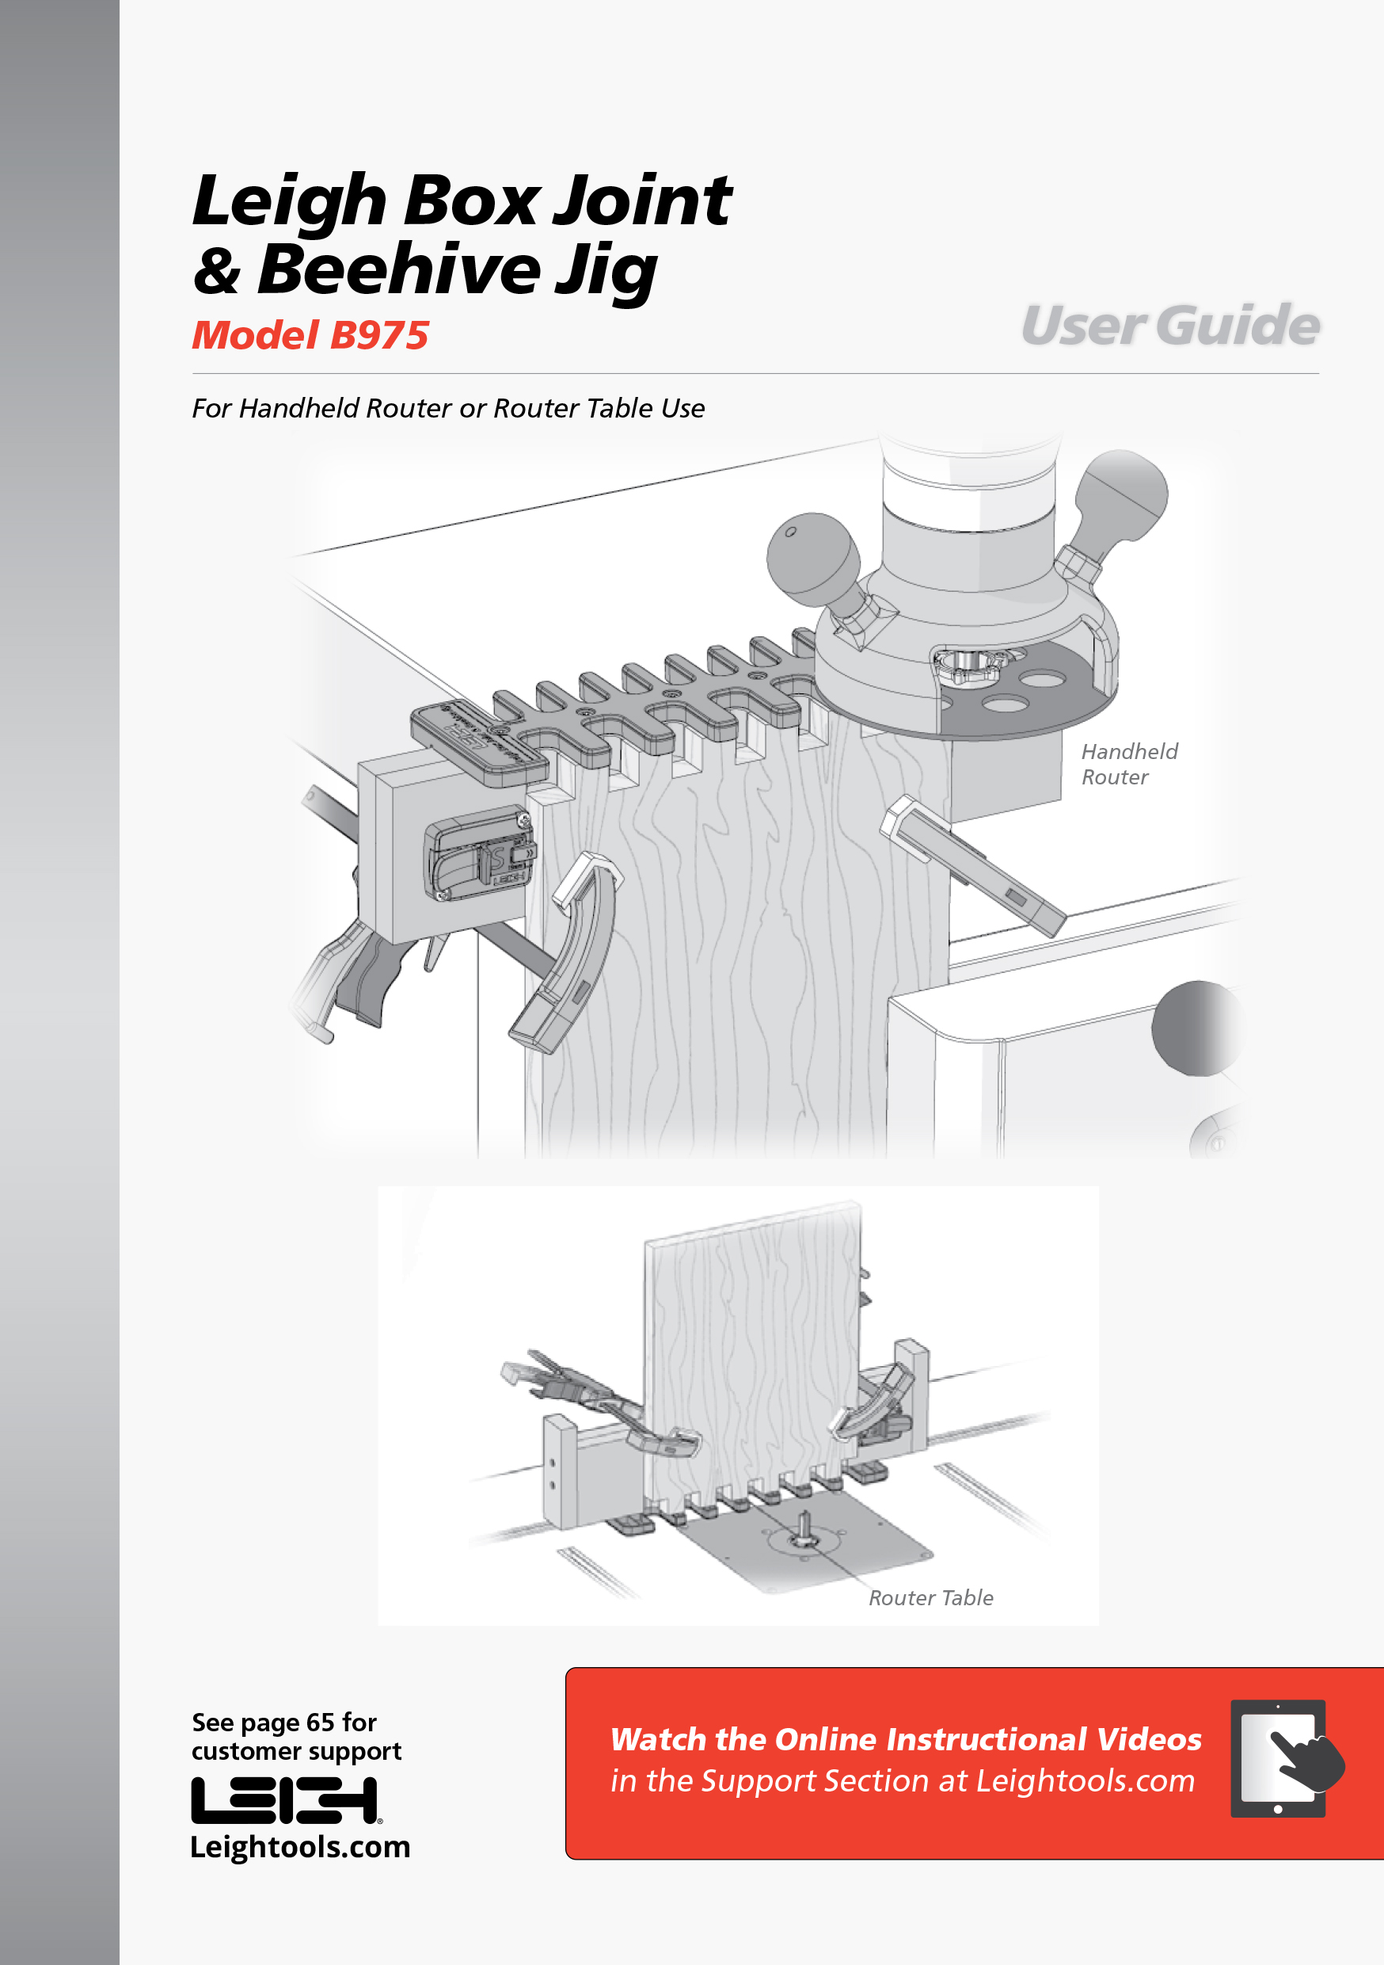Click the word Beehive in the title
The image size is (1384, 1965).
398,269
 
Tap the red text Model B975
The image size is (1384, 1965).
310,334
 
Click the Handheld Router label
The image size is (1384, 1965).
1129,765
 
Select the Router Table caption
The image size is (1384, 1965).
930,1598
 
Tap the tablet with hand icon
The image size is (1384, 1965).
1286,1759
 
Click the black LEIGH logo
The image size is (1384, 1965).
286,1801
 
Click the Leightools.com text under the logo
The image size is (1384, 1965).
300,1847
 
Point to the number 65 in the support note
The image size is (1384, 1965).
320,1722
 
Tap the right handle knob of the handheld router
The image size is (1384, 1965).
1120,494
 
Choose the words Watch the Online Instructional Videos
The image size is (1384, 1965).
906,1739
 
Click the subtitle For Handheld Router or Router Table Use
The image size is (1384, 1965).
448,408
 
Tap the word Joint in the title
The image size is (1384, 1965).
641,200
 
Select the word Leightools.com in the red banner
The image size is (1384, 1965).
1086,1781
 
